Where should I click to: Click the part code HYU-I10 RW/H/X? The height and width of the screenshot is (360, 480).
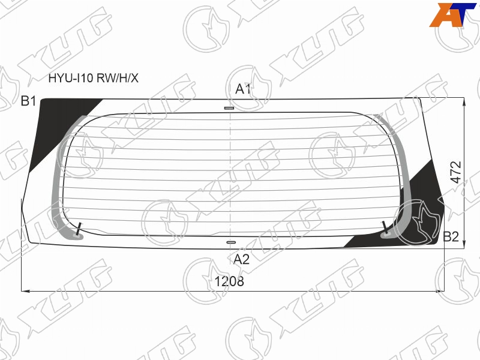pyautogui.click(x=94, y=79)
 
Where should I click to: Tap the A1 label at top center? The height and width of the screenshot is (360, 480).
pyautogui.click(x=243, y=89)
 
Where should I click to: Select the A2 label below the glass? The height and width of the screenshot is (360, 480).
pyautogui.click(x=242, y=259)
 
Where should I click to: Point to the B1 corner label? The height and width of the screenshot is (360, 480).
pyautogui.click(x=28, y=101)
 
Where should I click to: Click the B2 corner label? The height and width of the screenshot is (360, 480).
pyautogui.click(x=451, y=236)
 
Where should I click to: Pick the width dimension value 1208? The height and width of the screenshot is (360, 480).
pyautogui.click(x=229, y=281)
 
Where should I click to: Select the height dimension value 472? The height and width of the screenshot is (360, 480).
pyautogui.click(x=456, y=172)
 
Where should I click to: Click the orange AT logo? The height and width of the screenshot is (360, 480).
pyautogui.click(x=453, y=14)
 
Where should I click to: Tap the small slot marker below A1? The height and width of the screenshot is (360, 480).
pyautogui.click(x=229, y=108)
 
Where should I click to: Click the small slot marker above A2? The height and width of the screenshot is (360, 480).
pyautogui.click(x=231, y=242)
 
